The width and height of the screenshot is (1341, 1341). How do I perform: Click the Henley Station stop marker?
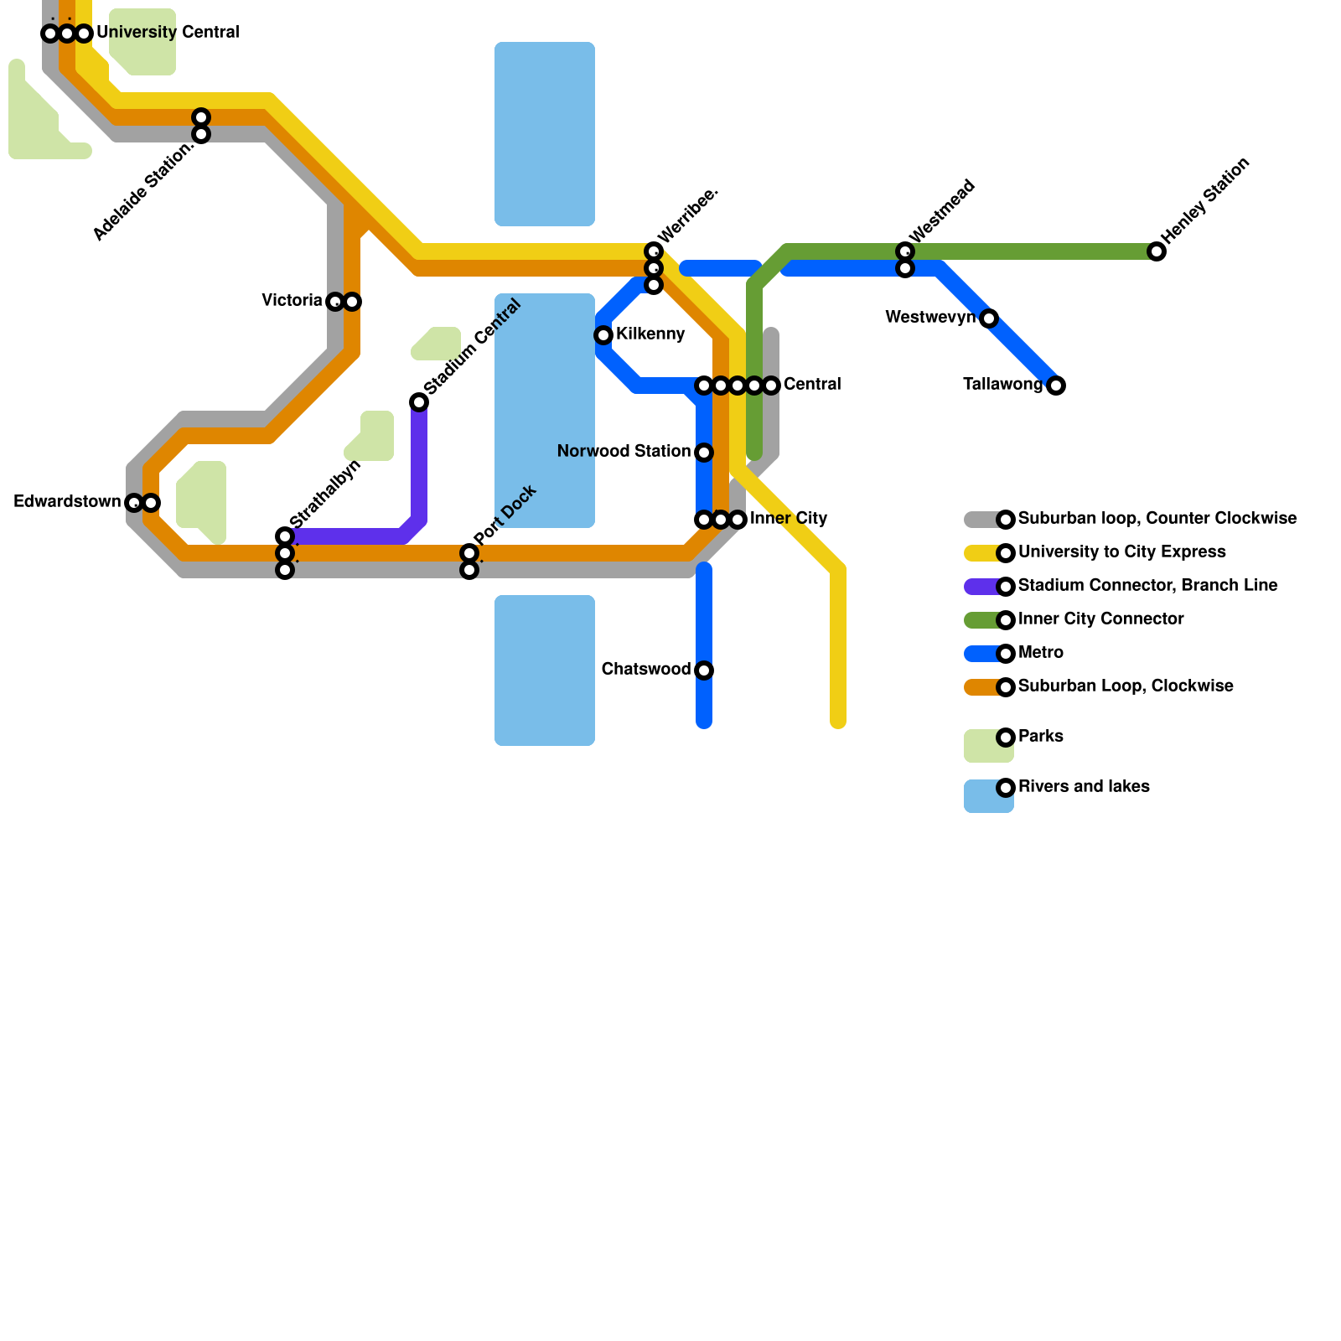coord(1157,251)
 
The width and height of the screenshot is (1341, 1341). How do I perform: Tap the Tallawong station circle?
coord(1056,386)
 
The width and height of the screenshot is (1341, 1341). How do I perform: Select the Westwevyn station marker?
coord(989,318)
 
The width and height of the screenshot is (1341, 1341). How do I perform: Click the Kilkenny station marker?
coord(603,335)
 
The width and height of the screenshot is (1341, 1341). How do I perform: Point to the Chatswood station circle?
coord(704,670)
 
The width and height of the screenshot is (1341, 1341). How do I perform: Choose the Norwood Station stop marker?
coord(704,453)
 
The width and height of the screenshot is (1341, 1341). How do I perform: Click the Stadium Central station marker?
coord(419,402)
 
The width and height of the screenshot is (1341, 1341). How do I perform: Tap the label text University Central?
coord(168,33)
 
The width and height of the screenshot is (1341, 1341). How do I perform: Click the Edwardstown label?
coord(67,502)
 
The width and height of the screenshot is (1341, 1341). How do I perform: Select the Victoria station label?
coord(292,300)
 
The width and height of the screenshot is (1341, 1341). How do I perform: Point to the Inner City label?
coord(789,519)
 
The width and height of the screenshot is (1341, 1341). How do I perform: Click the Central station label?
coord(812,385)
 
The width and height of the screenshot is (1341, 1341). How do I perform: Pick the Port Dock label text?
coord(505,515)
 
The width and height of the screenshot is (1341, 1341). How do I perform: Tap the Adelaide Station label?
coord(143,191)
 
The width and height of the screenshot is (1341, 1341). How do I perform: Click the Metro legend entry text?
coord(1040,653)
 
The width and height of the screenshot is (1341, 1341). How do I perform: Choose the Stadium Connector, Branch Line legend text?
coord(1147,586)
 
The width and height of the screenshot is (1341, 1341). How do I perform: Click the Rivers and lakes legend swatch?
coord(988,796)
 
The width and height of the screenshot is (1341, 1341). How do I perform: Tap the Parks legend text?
coord(1040,737)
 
